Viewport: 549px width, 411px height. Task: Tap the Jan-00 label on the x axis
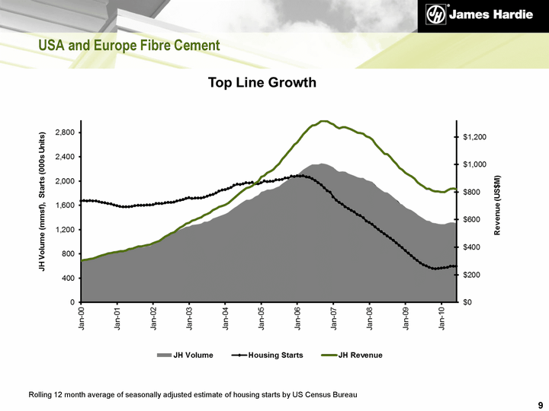pyautogui.click(x=82, y=317)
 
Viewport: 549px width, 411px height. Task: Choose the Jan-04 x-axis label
pyautogui.click(x=226, y=317)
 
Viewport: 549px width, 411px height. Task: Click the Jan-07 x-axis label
pyautogui.click(x=334, y=317)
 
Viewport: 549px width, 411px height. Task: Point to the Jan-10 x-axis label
pyautogui.click(x=442, y=317)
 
